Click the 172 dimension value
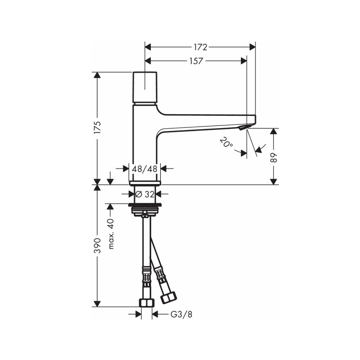click(x=201, y=47)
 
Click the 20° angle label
click(x=226, y=143)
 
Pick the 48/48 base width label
click(x=145, y=168)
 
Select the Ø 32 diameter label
click(x=145, y=194)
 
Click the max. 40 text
click(x=111, y=234)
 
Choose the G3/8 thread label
click(x=181, y=314)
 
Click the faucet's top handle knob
click(x=145, y=87)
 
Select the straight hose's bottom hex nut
click(x=147, y=303)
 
